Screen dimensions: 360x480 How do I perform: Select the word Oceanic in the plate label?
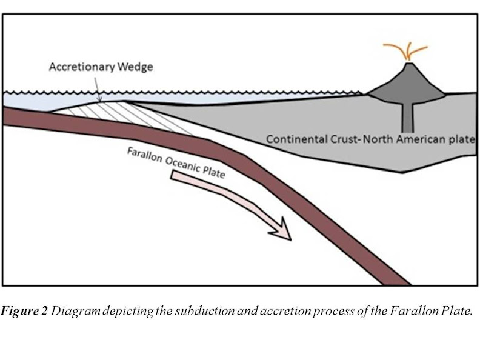click(x=184, y=165)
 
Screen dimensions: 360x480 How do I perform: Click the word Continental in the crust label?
click(x=294, y=139)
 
